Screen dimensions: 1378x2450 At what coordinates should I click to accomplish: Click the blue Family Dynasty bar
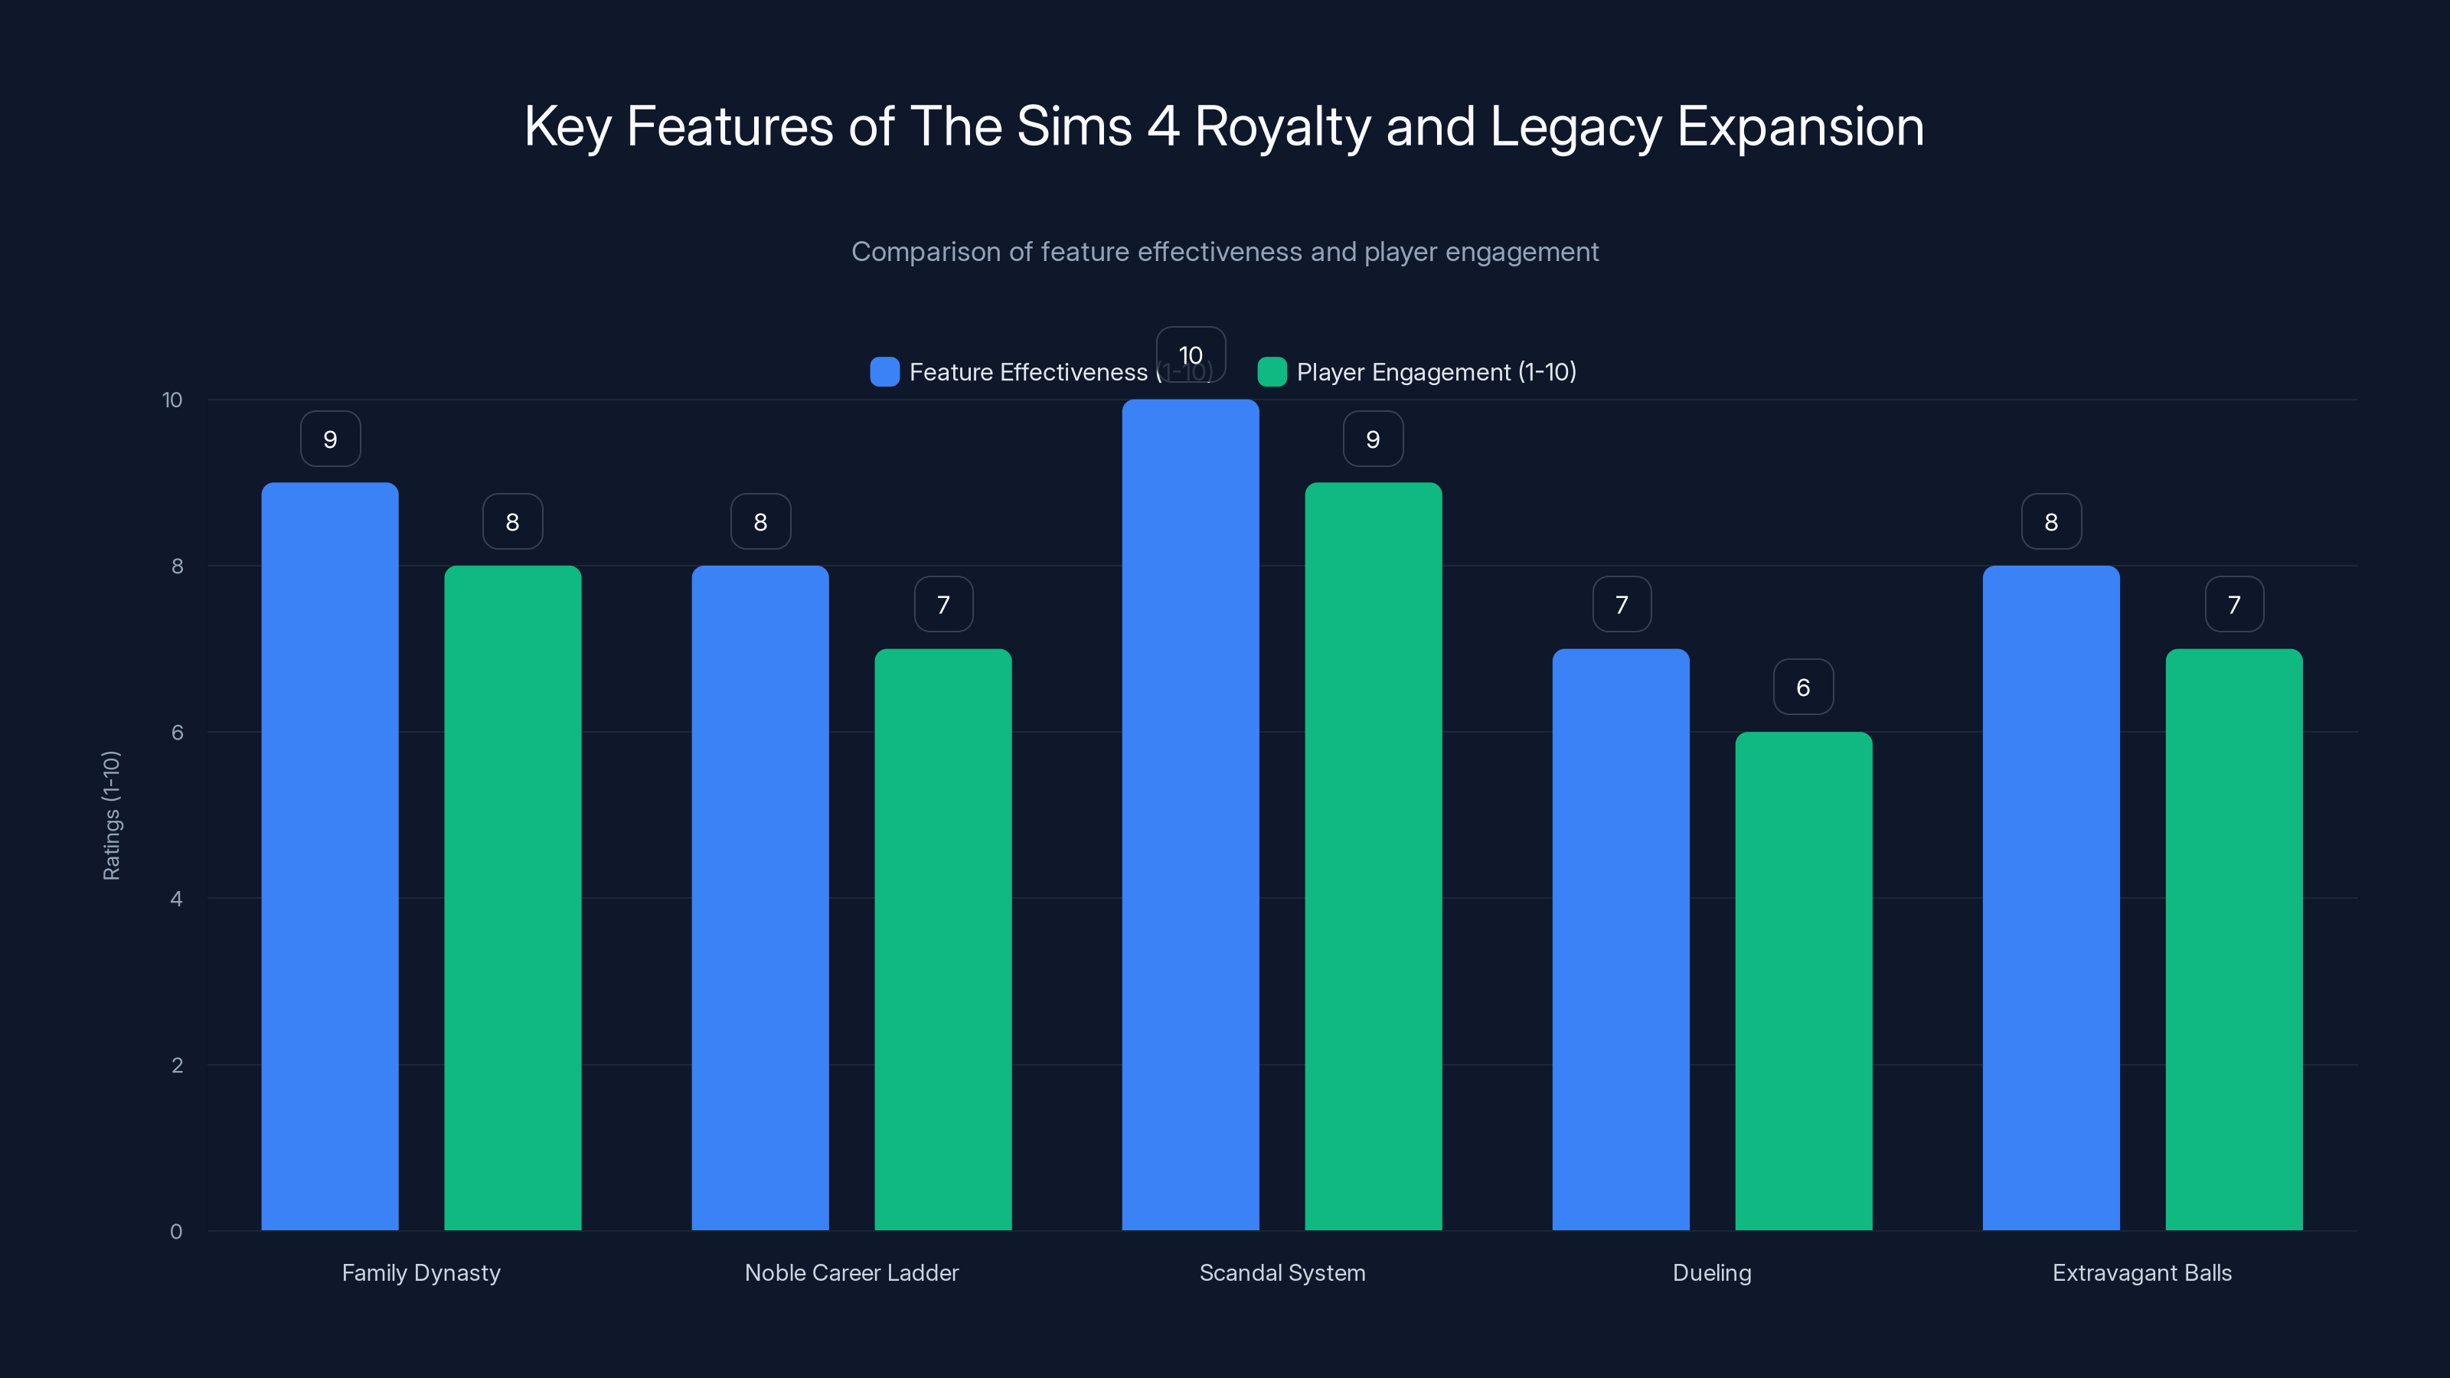[x=330, y=856]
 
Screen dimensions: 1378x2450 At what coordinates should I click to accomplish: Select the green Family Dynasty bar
[x=513, y=898]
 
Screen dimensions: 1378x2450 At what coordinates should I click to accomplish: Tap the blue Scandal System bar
[x=1190, y=815]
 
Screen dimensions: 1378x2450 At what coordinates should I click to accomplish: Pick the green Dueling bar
[x=1803, y=981]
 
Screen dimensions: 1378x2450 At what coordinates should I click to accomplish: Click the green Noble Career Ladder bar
[x=942, y=939]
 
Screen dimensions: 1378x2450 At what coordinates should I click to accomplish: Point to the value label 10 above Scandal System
[x=1190, y=354]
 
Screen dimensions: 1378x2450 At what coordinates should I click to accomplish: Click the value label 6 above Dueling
[x=1803, y=687]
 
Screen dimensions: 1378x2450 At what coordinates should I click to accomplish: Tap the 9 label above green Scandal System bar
[x=1373, y=439]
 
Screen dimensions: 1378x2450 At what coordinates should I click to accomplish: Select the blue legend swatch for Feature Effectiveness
[x=884, y=372]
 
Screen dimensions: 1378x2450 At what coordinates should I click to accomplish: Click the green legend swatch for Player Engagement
[x=1272, y=372]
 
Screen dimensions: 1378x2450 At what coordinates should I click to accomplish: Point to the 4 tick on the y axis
[x=176, y=899]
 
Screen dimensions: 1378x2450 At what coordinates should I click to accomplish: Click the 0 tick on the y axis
[x=176, y=1232]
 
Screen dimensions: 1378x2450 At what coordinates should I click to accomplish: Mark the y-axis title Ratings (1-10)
[x=111, y=815]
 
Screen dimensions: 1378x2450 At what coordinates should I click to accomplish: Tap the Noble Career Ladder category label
[x=851, y=1272]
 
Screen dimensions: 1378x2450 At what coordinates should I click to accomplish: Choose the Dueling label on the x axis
[x=1712, y=1272]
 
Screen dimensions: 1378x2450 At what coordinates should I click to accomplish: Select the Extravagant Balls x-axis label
[x=2142, y=1272]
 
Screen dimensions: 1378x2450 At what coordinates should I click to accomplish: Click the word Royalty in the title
[x=1283, y=127]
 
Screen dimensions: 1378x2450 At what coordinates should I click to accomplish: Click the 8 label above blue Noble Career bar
[x=760, y=522]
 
